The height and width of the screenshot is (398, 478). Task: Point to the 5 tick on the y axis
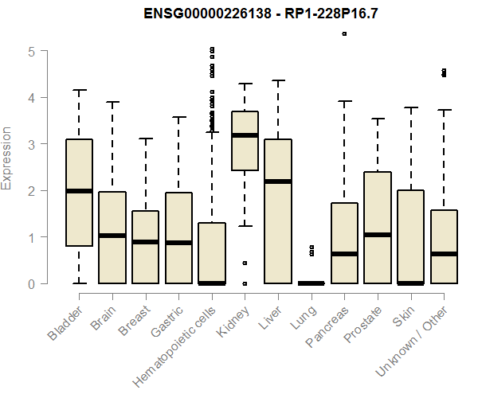(31, 52)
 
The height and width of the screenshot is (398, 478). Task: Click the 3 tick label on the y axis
(31, 144)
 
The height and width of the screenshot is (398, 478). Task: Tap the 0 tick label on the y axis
(31, 283)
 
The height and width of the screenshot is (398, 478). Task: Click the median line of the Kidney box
(245, 135)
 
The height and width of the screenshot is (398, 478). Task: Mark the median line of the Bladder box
(80, 191)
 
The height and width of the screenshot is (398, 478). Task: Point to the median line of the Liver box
(278, 181)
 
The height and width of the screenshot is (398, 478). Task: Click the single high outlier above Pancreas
(344, 34)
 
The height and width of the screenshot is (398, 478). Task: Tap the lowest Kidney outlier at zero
(245, 283)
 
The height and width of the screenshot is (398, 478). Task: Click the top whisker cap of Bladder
(80, 90)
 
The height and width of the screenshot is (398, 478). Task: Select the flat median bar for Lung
(311, 283)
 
